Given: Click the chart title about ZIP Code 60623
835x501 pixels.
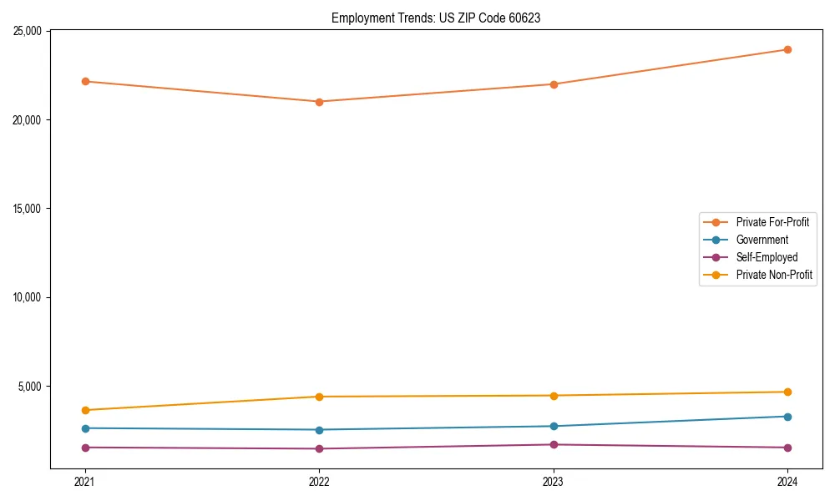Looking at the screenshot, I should tap(436, 18).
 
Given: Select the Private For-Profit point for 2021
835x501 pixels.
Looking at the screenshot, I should tap(84, 81).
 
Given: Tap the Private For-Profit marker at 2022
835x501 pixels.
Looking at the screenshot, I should tap(319, 102).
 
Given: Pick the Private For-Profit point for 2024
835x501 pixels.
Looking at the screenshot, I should tap(787, 49).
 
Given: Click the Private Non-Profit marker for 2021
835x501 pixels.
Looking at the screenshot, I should tap(84, 410).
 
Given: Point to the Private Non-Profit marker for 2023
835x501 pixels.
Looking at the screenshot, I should tap(553, 396).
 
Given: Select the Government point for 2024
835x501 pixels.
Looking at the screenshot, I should tap(787, 417).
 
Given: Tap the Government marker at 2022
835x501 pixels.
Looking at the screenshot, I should tap(319, 430).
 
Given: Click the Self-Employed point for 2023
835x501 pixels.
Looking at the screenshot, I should tap(553, 444).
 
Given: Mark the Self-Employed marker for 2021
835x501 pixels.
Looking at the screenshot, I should tap(84, 448).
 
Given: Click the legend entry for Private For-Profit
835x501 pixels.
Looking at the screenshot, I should tap(772, 222).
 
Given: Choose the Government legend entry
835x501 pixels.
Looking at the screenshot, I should tap(762, 240).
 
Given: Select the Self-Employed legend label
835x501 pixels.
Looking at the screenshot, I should tap(767, 257).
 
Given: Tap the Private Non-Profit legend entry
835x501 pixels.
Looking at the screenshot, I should tap(774, 275).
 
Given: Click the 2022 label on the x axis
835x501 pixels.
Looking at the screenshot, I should tap(319, 481).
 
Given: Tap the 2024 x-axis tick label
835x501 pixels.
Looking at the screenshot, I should tap(787, 481).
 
